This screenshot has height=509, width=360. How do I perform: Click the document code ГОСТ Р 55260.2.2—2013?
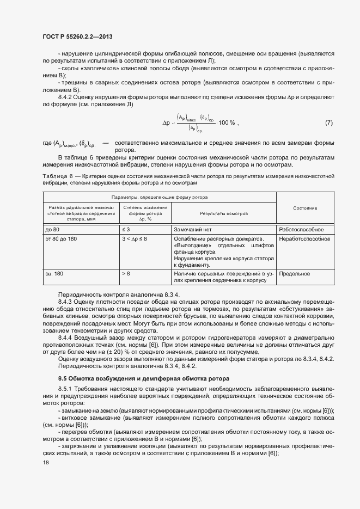[77, 36]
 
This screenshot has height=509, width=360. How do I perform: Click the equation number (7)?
[328, 122]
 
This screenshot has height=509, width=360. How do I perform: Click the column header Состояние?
[305, 208]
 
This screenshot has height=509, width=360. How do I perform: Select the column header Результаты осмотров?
[223, 214]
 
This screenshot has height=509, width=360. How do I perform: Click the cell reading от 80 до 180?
[61, 239]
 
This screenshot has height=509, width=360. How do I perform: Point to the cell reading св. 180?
[55, 274]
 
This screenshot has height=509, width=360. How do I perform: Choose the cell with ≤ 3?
[126, 230]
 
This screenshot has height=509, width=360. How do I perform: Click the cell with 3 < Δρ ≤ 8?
[135, 239]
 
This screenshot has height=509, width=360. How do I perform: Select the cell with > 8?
[126, 274]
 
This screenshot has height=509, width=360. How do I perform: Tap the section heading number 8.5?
[63, 378]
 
